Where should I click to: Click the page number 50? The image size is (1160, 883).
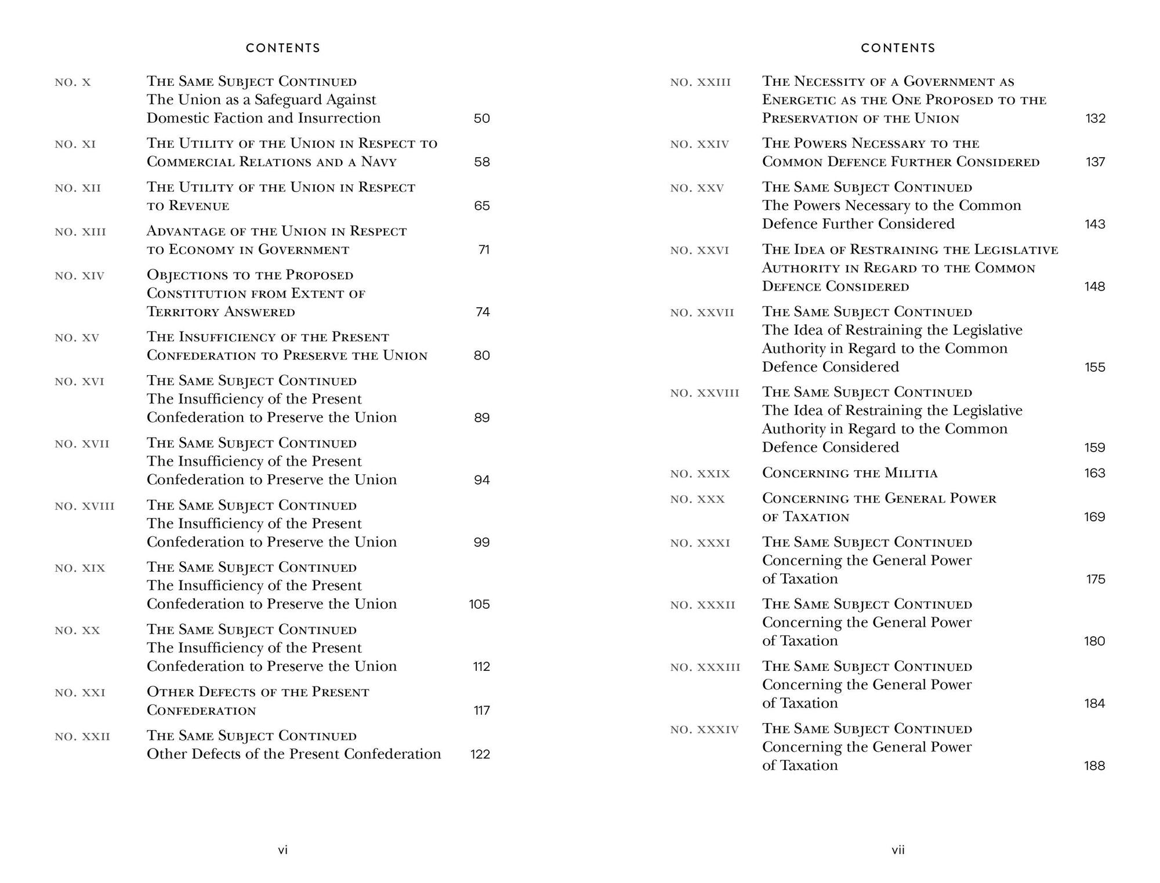click(x=481, y=118)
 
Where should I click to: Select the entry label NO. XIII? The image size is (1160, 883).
click(x=80, y=232)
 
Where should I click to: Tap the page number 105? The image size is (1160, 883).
click(x=479, y=604)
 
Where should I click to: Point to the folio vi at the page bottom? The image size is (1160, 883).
click(x=283, y=850)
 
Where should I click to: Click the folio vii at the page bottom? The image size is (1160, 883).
click(x=898, y=850)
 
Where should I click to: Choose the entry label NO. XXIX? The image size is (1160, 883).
click(x=699, y=474)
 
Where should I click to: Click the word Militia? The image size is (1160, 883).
click(x=911, y=473)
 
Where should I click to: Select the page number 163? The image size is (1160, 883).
click(x=1094, y=473)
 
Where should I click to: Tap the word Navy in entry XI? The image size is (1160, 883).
click(x=379, y=162)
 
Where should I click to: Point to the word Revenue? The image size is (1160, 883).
click(x=199, y=206)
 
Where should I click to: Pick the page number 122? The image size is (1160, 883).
click(x=480, y=754)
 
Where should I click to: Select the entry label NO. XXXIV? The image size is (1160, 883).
click(x=704, y=729)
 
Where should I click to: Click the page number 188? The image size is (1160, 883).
click(x=1094, y=765)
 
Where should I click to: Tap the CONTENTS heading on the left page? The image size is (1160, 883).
click(x=283, y=48)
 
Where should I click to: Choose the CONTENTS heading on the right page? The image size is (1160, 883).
click(x=898, y=48)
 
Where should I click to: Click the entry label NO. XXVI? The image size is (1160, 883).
click(x=699, y=250)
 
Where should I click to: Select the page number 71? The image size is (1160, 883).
click(x=484, y=250)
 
